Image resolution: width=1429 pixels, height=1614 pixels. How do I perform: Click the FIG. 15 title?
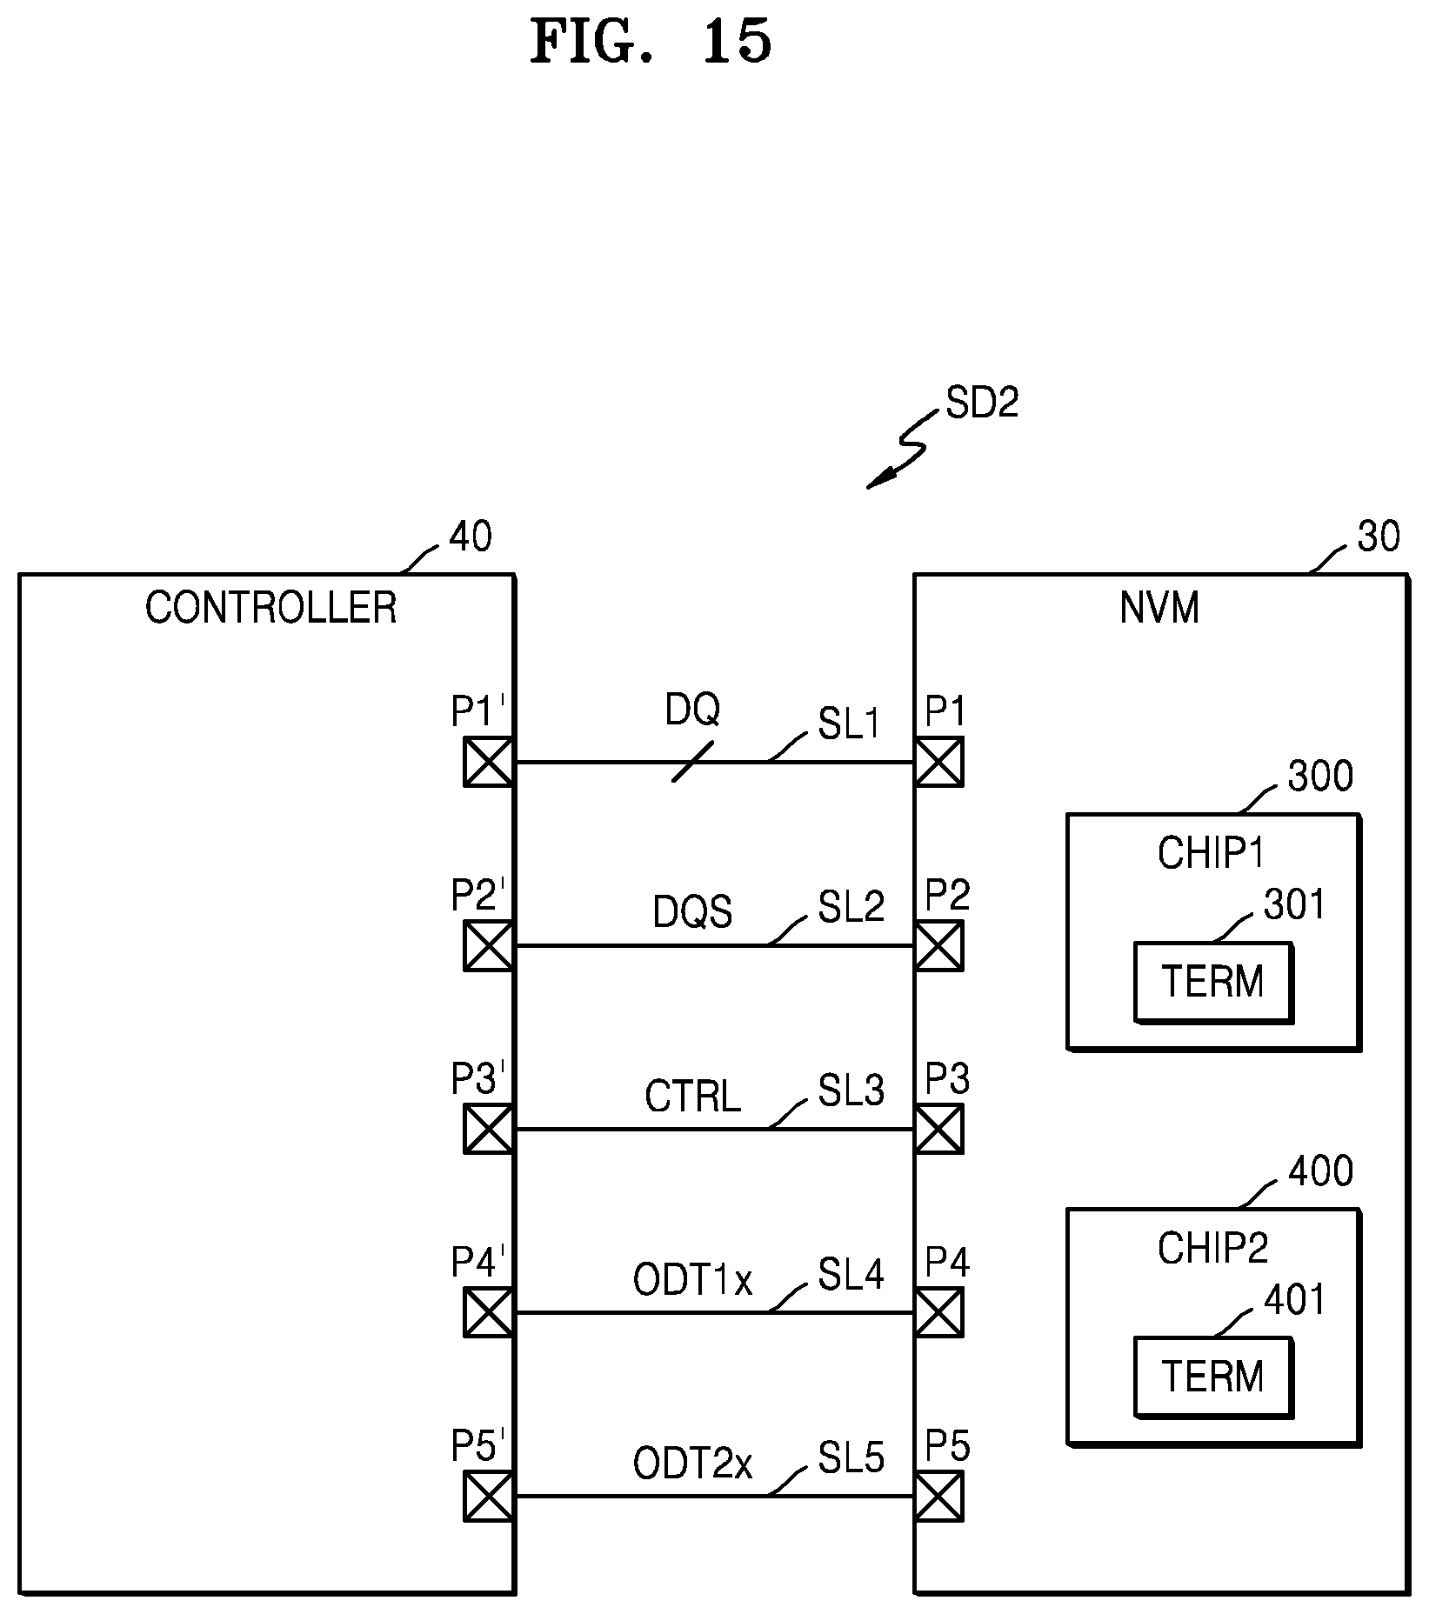(651, 42)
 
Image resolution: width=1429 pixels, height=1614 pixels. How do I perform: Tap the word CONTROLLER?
(270, 607)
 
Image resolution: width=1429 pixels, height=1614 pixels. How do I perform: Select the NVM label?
(1159, 607)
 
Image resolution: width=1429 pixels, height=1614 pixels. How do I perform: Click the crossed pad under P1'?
(488, 762)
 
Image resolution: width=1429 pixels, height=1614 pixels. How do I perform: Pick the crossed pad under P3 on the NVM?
(938, 1129)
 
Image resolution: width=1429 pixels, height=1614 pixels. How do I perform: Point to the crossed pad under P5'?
(488, 1496)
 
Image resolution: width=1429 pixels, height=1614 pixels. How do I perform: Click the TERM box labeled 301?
(1213, 982)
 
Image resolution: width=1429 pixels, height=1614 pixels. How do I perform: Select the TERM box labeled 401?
(1213, 1377)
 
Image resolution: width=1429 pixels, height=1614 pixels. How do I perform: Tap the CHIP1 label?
(1212, 853)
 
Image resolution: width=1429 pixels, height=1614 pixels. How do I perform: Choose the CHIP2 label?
(1212, 1248)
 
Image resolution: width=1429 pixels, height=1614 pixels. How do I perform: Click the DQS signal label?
(693, 912)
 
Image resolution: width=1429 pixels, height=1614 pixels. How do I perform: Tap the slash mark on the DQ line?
(693, 762)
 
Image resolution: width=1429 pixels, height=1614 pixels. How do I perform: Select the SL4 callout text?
(851, 1274)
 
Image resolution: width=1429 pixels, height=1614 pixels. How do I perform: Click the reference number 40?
(470, 537)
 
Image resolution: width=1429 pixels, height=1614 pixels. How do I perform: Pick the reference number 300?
(1320, 776)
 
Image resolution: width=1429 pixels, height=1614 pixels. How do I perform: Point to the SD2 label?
(982, 403)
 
